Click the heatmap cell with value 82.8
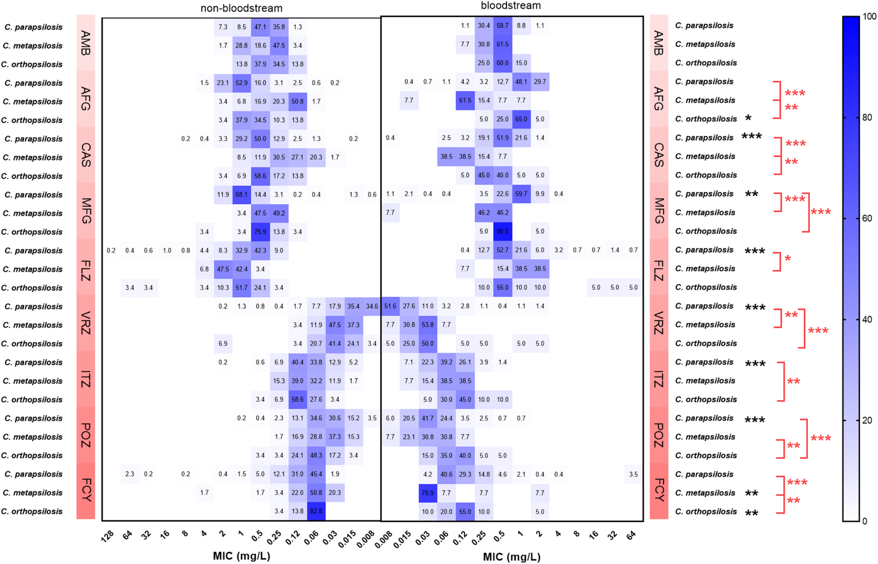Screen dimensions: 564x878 coord(316,511)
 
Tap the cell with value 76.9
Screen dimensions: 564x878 coord(427,493)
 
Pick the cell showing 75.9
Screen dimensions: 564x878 coord(260,231)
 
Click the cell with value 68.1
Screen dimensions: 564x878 coord(242,194)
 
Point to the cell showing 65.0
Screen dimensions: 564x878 coord(521,119)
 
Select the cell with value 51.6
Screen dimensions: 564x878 coord(390,306)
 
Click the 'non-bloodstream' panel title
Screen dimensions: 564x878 coord(241,8)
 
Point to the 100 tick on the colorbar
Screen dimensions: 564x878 coord(869,16)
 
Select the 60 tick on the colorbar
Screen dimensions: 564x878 coord(867,218)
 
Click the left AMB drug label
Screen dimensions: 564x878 coord(85,43)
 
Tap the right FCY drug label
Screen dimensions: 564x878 coord(658,490)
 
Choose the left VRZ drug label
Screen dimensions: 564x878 coord(85,323)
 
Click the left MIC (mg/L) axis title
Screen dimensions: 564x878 coord(242,556)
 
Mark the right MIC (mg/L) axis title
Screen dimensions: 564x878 coord(511,557)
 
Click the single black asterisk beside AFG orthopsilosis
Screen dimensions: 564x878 coord(748,118)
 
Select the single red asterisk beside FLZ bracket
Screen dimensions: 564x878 coord(787,259)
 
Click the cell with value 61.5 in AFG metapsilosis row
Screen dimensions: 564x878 coord(465,100)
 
